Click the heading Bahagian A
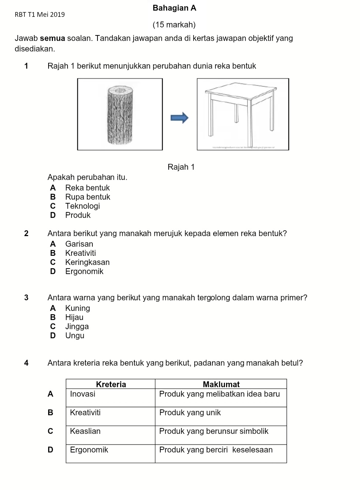tap(174, 8)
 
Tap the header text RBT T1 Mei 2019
tap(40, 15)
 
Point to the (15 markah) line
tap(174, 25)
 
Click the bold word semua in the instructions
tap(52, 38)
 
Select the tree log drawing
tap(120, 115)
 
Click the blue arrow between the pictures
tap(180, 117)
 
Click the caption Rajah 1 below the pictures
tap(181, 167)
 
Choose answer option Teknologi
tap(83, 206)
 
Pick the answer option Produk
tap(78, 215)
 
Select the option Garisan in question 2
tap(79, 244)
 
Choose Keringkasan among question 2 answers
tap(87, 262)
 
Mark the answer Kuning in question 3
tap(77, 308)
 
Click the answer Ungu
tap(75, 336)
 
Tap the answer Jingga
tap(77, 327)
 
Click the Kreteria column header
tap(111, 384)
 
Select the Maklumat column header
tap(221, 384)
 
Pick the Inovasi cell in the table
tap(83, 394)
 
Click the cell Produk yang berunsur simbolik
tap(214, 431)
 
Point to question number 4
tap(26, 363)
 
